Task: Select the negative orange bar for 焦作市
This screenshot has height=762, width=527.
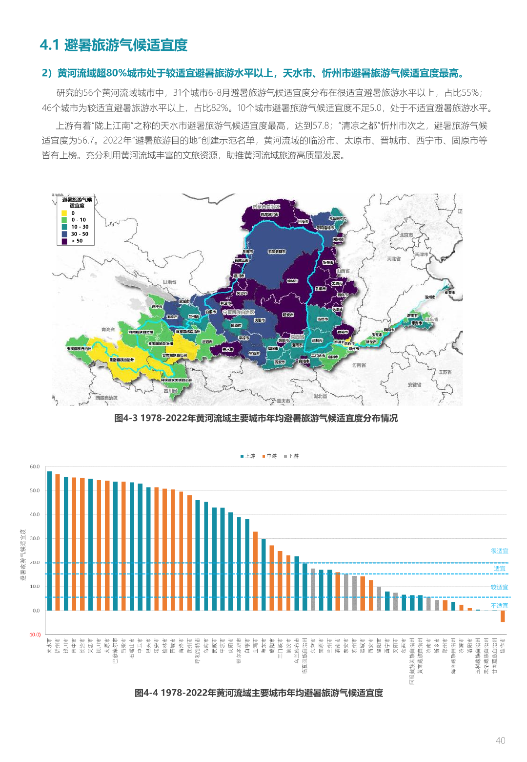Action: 503,616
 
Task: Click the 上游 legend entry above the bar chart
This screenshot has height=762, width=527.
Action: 248,456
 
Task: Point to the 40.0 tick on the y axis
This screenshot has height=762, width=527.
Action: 35,514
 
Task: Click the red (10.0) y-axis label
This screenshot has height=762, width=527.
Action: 34,635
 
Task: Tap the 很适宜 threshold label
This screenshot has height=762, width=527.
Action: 499,551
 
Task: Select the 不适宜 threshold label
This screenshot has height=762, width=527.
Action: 499,606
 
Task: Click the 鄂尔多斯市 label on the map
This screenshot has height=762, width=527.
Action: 277,252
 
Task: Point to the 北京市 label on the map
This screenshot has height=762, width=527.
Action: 406,235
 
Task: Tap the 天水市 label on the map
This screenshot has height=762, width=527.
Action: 228,350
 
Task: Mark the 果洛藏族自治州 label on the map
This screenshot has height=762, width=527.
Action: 122,360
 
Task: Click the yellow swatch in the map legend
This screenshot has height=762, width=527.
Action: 64,213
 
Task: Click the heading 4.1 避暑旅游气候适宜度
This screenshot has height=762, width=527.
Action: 114,45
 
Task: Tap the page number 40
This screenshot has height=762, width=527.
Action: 500,741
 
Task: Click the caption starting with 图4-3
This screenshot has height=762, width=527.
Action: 256,418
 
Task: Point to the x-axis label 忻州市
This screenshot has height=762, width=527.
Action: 58,646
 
